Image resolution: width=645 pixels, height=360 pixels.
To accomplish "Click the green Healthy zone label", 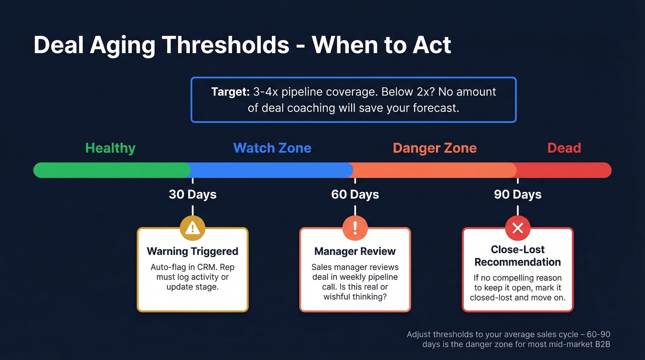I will tap(111, 148).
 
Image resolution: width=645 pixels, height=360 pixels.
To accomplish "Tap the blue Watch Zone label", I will tap(272, 148).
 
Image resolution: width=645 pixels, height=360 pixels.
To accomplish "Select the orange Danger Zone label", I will tap(434, 148).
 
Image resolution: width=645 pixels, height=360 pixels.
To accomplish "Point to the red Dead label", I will tap(564, 148).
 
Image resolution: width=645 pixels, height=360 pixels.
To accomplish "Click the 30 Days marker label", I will tap(193, 195).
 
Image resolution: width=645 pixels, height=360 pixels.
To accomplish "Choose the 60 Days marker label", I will tap(355, 195).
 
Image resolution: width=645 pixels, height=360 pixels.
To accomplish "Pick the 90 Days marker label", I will tap(517, 195).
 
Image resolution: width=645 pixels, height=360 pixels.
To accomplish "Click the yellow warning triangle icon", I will tap(193, 228).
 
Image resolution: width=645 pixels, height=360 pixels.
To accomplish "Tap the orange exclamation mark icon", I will tap(355, 228).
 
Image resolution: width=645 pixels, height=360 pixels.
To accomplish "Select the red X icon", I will tap(517, 228).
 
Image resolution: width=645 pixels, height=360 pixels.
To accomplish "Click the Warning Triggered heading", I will tap(193, 251).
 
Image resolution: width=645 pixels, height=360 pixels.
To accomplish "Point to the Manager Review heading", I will tap(355, 251).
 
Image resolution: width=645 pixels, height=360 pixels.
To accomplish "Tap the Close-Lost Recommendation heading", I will tap(517, 256).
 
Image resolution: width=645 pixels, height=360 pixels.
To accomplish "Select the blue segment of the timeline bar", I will tap(272, 170).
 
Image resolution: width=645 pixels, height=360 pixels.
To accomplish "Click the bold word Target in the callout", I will tap(230, 92).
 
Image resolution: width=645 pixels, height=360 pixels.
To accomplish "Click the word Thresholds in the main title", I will tap(225, 46).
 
